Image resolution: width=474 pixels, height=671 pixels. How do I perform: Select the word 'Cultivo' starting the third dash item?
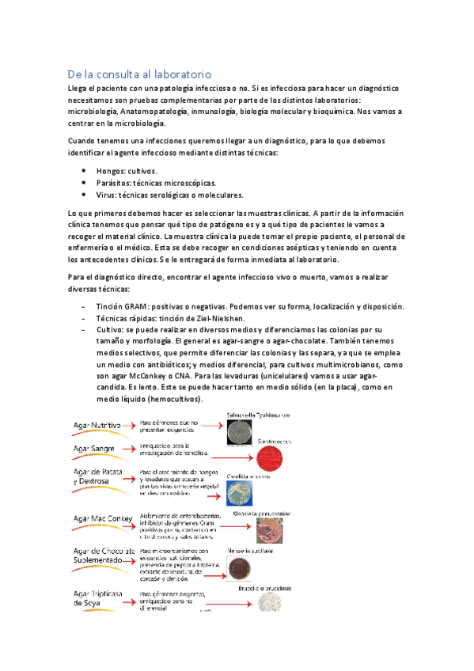(112, 330)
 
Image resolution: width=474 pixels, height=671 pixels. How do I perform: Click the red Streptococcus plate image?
(280, 460)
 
